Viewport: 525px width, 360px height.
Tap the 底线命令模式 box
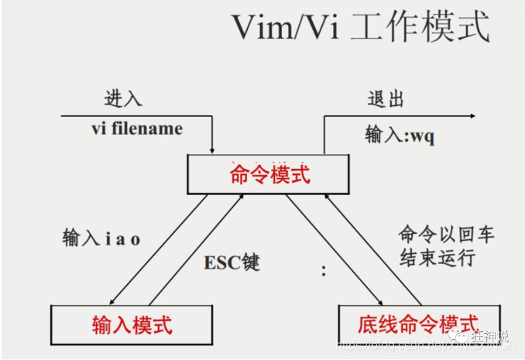[x=419, y=324]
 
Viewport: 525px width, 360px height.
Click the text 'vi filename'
[x=136, y=129]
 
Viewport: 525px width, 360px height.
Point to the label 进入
[x=124, y=101]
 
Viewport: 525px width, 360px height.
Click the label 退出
[x=385, y=101]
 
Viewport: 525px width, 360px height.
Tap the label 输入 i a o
[x=101, y=238]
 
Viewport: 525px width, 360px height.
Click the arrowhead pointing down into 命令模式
[x=211, y=149]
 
